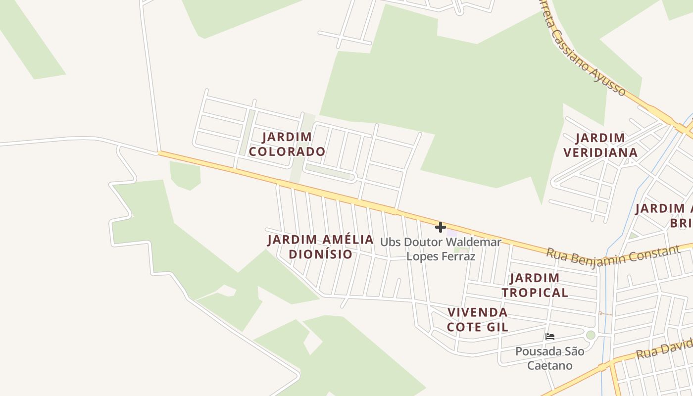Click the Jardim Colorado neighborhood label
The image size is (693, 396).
click(x=287, y=144)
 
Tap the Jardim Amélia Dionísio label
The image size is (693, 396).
click(x=321, y=247)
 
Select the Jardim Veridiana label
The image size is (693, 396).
click(x=600, y=145)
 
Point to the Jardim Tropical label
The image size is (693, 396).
click(x=535, y=285)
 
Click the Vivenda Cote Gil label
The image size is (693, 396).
click(x=478, y=319)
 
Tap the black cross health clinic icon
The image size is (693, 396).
click(x=440, y=227)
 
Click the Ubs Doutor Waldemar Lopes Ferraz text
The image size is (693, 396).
click(x=441, y=249)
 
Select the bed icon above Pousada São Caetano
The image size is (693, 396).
click(x=549, y=337)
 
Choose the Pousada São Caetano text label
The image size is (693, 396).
click(x=549, y=358)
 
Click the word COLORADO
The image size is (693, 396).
click(x=287, y=151)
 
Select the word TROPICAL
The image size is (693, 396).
click(x=535, y=293)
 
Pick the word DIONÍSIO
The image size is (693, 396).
click(x=321, y=254)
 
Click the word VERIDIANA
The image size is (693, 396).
click(x=600, y=152)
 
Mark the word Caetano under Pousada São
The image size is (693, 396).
click(x=549, y=366)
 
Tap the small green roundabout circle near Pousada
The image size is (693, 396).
click(x=591, y=335)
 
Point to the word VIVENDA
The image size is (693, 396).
click(x=478, y=312)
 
